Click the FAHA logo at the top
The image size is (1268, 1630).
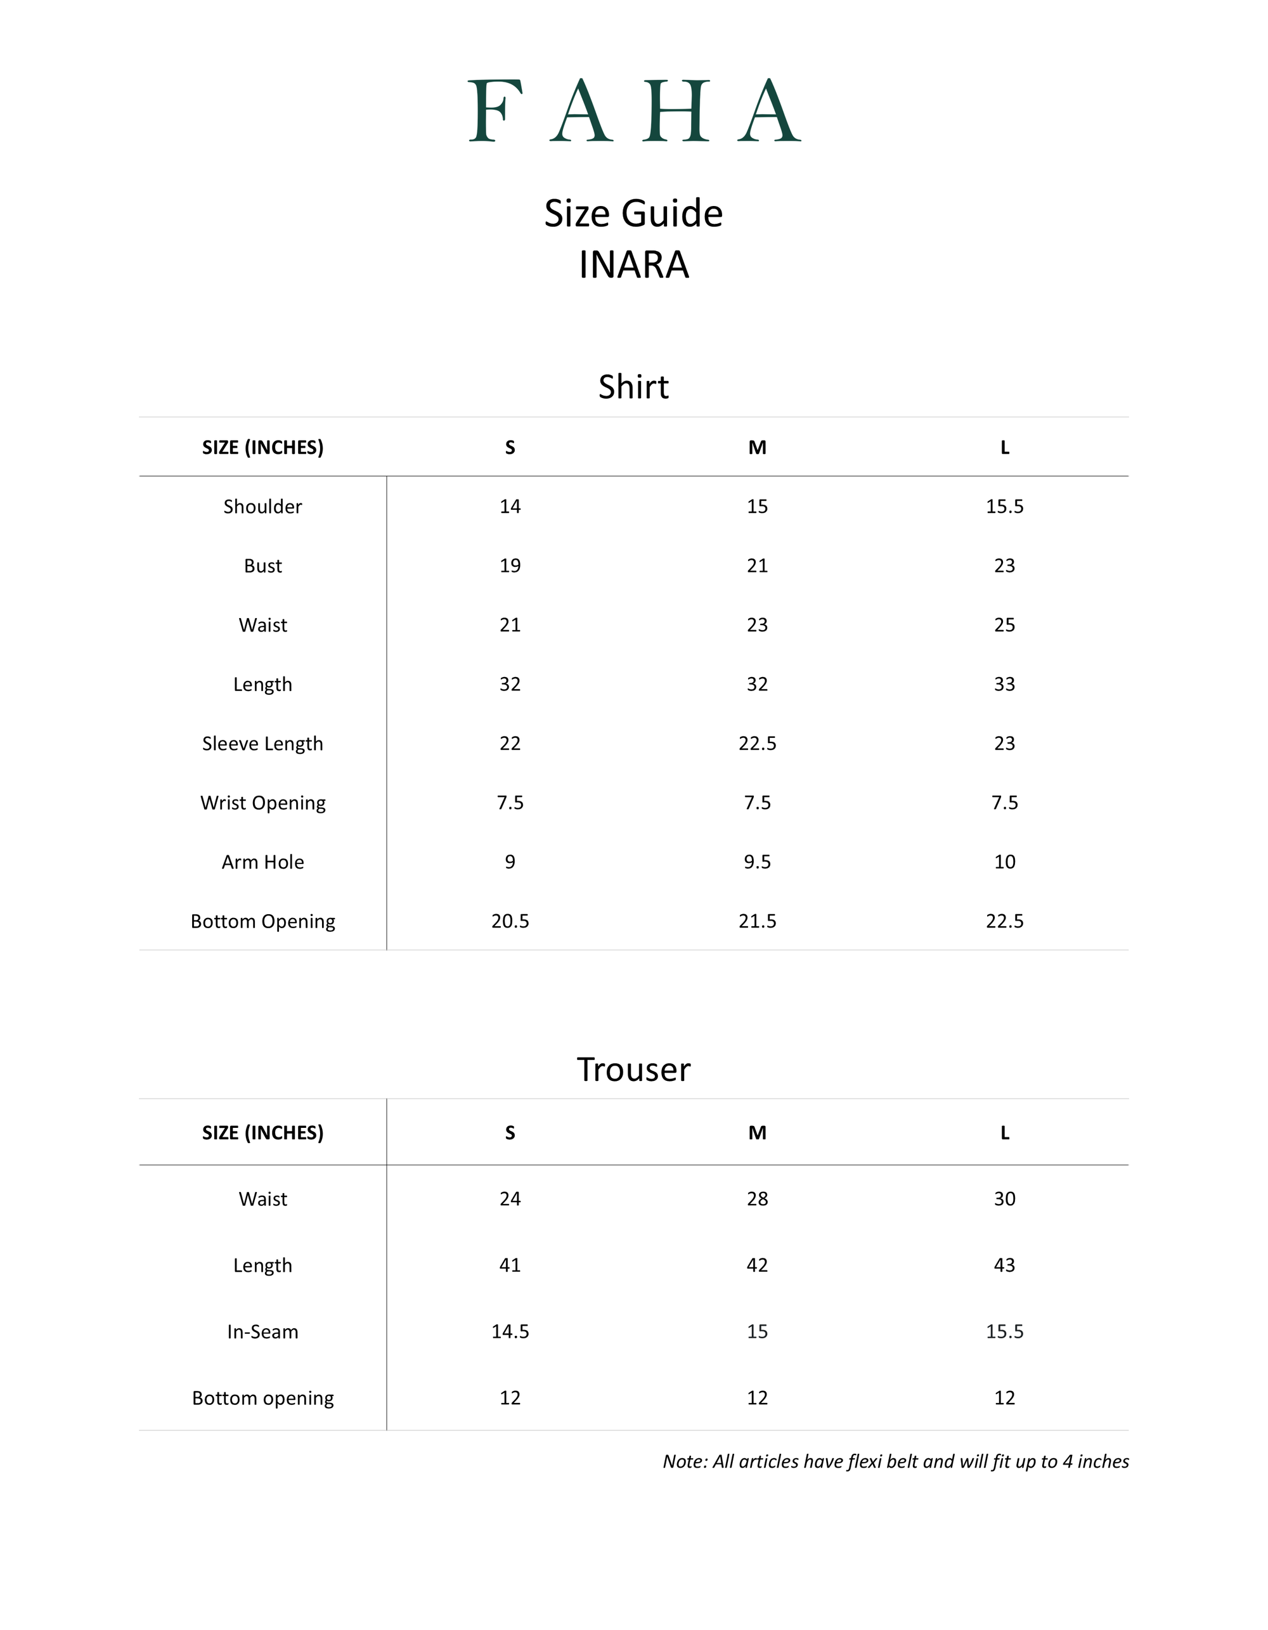(633, 110)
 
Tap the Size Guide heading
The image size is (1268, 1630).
(633, 214)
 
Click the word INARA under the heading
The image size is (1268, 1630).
(633, 265)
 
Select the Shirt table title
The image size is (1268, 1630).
(633, 387)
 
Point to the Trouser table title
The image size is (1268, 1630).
(633, 1070)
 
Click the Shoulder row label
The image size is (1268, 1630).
(262, 507)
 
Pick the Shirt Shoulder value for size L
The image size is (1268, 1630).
(1004, 507)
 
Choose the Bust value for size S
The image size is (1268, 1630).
(510, 566)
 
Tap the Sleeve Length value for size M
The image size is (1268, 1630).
(758, 743)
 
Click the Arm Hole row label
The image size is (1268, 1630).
(262, 862)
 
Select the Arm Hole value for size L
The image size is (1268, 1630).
(1004, 862)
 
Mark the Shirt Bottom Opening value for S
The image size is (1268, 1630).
(510, 921)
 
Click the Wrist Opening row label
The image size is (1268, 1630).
(262, 803)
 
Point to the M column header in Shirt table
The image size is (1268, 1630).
(758, 448)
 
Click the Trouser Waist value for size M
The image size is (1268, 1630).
(758, 1199)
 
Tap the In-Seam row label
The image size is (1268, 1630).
(262, 1331)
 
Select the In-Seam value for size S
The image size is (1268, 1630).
(510, 1331)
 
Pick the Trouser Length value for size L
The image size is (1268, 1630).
(1004, 1265)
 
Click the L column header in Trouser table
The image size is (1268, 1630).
(1004, 1133)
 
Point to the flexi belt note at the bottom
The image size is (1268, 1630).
(896, 1461)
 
